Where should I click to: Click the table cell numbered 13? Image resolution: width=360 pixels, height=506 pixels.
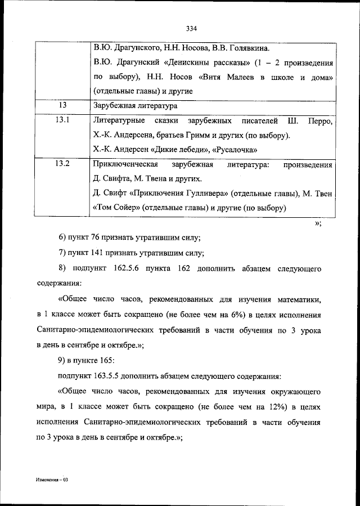tap(62, 105)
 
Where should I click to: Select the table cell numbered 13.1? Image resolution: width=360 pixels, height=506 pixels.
tap(62, 121)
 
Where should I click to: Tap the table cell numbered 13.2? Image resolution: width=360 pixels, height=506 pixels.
tap(62, 164)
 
